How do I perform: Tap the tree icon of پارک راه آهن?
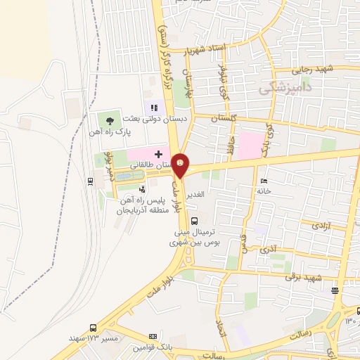click(x=108, y=121)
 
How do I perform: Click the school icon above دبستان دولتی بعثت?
click(x=153, y=108)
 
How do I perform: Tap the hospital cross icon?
click(x=158, y=154)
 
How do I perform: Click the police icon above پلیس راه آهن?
click(x=142, y=188)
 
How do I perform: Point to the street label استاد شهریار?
click(x=208, y=51)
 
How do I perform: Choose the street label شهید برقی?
click(x=302, y=276)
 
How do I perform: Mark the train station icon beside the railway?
click(x=91, y=181)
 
